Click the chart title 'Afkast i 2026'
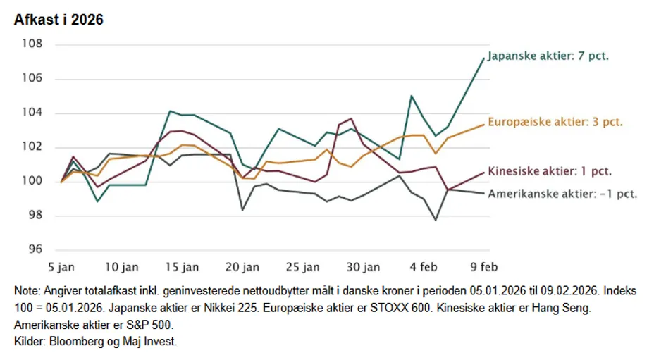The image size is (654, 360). [x=58, y=20]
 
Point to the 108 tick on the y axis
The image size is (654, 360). [x=32, y=44]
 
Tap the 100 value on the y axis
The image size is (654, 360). [x=32, y=181]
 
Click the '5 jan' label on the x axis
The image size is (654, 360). [x=61, y=267]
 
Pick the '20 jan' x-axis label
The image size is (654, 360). [x=242, y=267]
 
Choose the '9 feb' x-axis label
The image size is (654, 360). [x=483, y=267]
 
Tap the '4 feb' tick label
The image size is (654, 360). [x=423, y=267]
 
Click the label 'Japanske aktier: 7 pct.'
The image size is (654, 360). [x=548, y=56]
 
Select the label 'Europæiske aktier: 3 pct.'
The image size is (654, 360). [x=555, y=122]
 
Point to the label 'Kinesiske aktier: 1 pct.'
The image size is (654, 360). [x=549, y=170]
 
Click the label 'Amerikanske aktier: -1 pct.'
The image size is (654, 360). [x=562, y=193]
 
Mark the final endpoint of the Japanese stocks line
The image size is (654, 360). [x=483, y=58]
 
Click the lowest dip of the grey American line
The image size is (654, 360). [x=436, y=220]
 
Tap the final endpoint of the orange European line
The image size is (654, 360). [x=483, y=124]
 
